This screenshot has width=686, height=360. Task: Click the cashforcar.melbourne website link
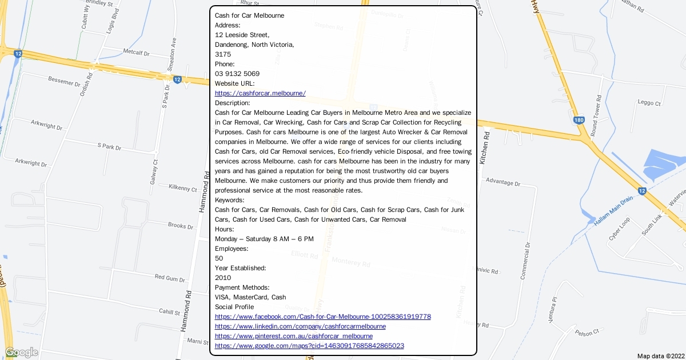[x=260, y=93]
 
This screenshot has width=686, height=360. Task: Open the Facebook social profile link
[x=322, y=317]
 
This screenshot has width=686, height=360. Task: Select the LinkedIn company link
[x=300, y=326]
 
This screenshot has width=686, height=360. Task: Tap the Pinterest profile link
[x=294, y=336]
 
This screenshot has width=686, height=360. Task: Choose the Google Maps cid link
[x=309, y=346]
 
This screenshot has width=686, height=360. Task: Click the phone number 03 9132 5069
[x=237, y=74]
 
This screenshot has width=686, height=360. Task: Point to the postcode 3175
[x=223, y=54]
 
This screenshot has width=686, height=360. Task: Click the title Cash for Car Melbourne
[x=249, y=15]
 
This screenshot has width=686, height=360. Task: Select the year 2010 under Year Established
[x=223, y=278]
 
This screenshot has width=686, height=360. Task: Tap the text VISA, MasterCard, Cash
[x=250, y=297]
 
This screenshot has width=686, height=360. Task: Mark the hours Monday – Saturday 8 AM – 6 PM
[x=264, y=239]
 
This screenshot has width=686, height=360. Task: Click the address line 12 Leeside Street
[x=238, y=35]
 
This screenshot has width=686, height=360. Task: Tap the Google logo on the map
[x=21, y=352]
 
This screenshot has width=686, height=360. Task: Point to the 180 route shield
[x=579, y=120]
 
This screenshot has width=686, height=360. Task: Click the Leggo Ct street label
[x=649, y=103]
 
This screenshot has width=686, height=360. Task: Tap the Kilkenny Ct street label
[x=182, y=187]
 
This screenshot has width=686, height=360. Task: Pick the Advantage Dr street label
[x=502, y=183]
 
